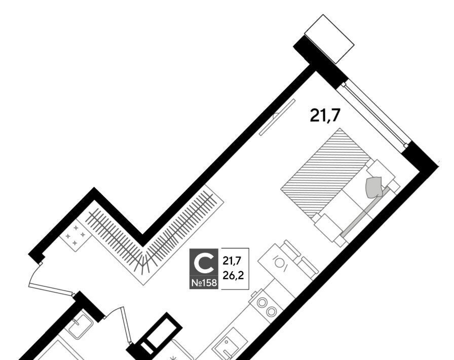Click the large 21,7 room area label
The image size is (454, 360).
[x=324, y=116]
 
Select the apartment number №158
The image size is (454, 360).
[x=204, y=282]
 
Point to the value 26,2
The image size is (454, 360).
[x=233, y=275]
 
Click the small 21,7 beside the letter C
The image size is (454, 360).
[x=232, y=261]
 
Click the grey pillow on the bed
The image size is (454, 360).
[x=374, y=187]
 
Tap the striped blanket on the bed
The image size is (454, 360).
[x=326, y=173]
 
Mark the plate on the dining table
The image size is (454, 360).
[x=279, y=263]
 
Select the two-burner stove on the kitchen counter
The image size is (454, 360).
[x=267, y=307]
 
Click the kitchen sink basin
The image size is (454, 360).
[x=230, y=346]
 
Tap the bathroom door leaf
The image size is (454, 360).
[x=127, y=325]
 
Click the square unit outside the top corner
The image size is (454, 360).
[x=329, y=39]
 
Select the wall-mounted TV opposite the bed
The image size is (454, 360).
[x=277, y=117]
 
